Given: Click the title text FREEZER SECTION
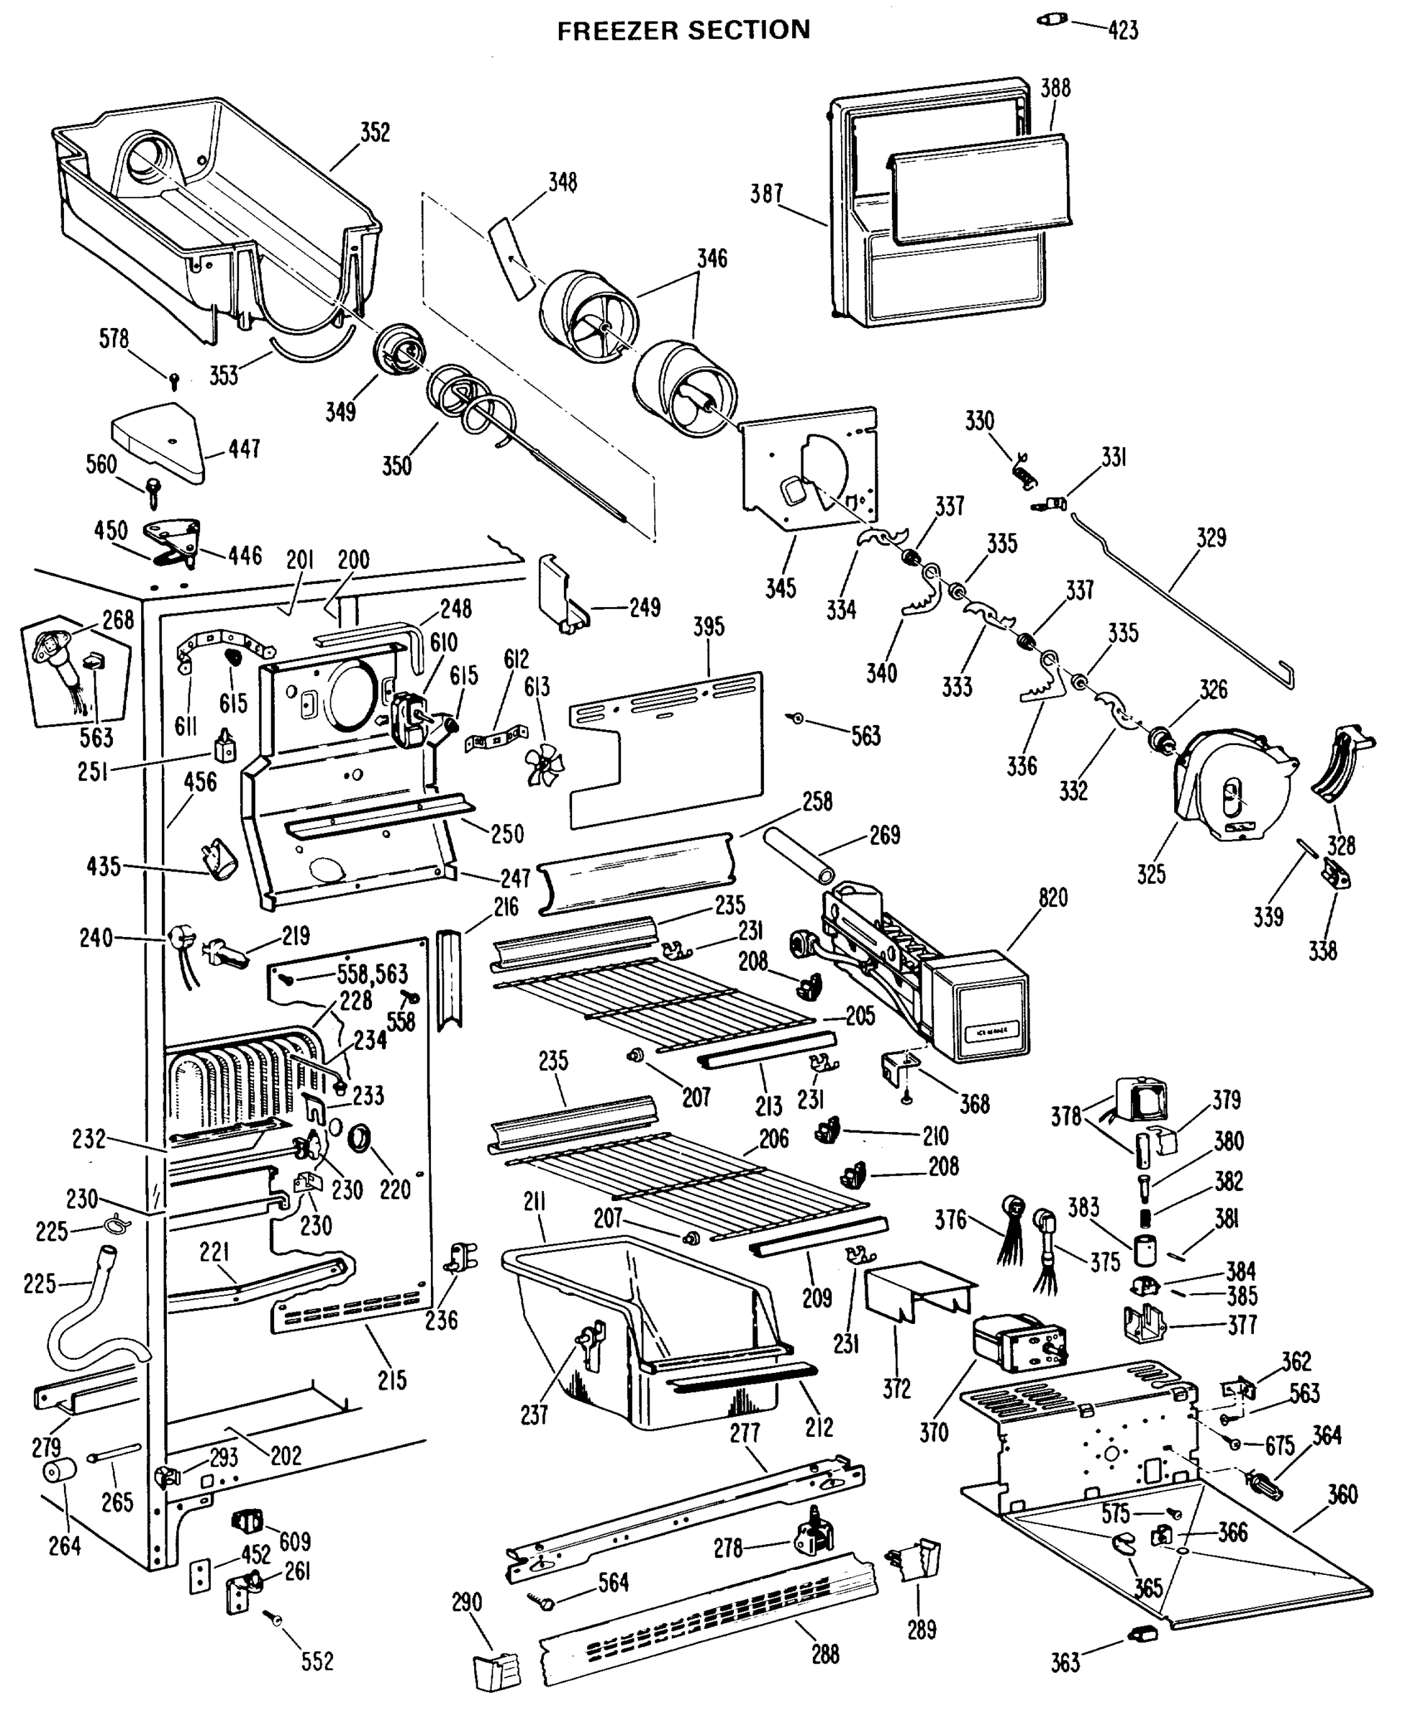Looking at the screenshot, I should click(x=683, y=30).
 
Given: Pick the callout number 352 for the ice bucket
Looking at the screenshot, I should click(x=375, y=132).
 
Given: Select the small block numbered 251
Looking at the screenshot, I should click(x=226, y=745).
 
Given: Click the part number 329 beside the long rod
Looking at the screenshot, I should click(x=1211, y=537).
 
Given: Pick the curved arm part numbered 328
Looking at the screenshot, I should click(x=1340, y=764).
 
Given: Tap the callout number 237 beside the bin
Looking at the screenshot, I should click(x=534, y=1415).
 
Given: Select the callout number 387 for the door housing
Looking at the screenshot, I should click(x=765, y=194).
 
